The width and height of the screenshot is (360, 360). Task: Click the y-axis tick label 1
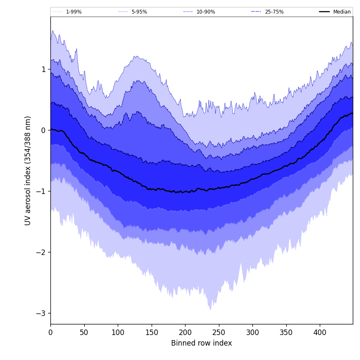[43, 69]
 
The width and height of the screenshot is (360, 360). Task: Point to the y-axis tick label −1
[41, 191]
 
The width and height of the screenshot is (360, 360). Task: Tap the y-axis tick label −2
[41, 252]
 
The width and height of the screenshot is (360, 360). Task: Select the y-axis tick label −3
[41, 313]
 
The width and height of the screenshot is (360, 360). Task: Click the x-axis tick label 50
[84, 332]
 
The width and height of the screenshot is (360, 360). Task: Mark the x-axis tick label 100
[118, 332]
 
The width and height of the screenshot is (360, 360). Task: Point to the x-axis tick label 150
[152, 332]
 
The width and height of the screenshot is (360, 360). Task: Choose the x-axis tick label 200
[185, 332]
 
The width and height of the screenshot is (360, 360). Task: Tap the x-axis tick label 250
[219, 332]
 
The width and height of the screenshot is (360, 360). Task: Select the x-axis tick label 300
[252, 332]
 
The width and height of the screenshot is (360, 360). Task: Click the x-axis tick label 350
[286, 332]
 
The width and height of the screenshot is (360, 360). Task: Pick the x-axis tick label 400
[320, 332]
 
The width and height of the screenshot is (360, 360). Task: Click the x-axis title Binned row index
[201, 343]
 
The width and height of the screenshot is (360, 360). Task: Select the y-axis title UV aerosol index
[28, 170]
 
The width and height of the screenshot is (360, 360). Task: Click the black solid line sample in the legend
[324, 12]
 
